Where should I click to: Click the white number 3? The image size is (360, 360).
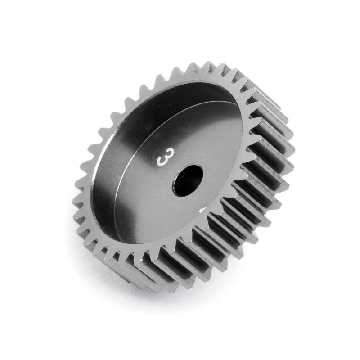[x=163, y=160]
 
